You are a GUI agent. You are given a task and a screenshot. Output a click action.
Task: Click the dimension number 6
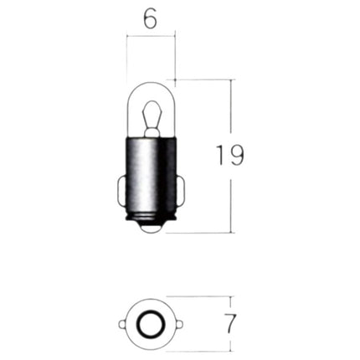tap(151, 19)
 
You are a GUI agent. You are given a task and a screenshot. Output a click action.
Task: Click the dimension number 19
tap(230, 156)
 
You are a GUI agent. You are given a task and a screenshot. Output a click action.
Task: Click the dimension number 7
tap(229, 323)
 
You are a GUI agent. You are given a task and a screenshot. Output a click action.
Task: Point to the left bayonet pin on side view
tap(122, 191)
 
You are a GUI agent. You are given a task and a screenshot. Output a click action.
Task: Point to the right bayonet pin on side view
tap(181, 191)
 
